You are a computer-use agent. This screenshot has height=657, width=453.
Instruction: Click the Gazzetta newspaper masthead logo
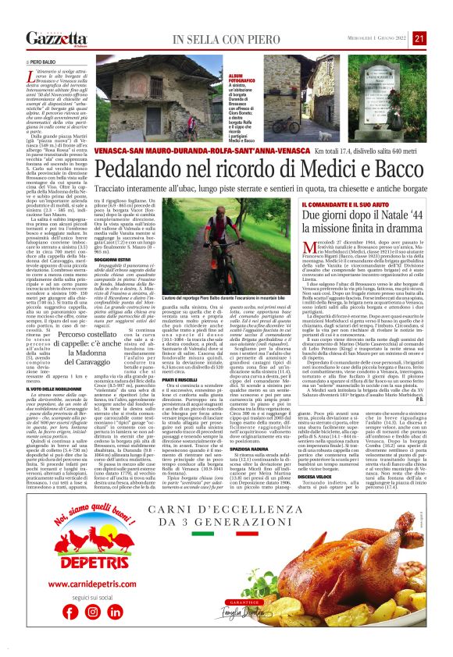[x=55, y=38]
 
